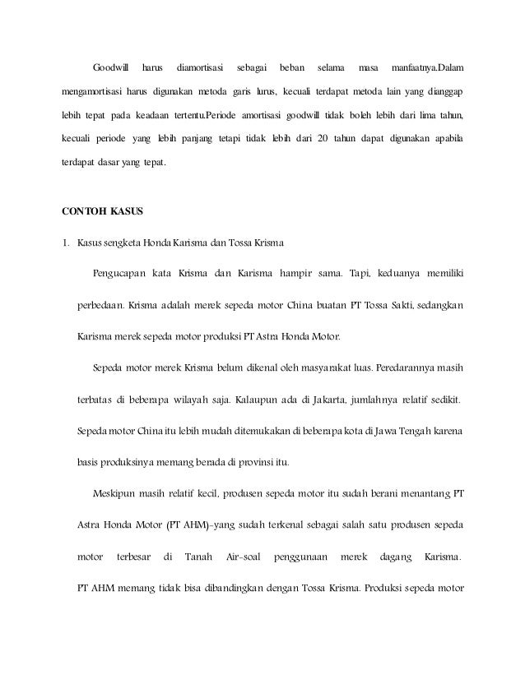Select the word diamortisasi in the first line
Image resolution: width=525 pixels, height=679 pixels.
[x=201, y=65]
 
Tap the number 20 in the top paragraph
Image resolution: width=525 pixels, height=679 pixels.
[x=323, y=136]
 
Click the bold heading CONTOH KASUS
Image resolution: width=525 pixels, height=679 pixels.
[x=102, y=210]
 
